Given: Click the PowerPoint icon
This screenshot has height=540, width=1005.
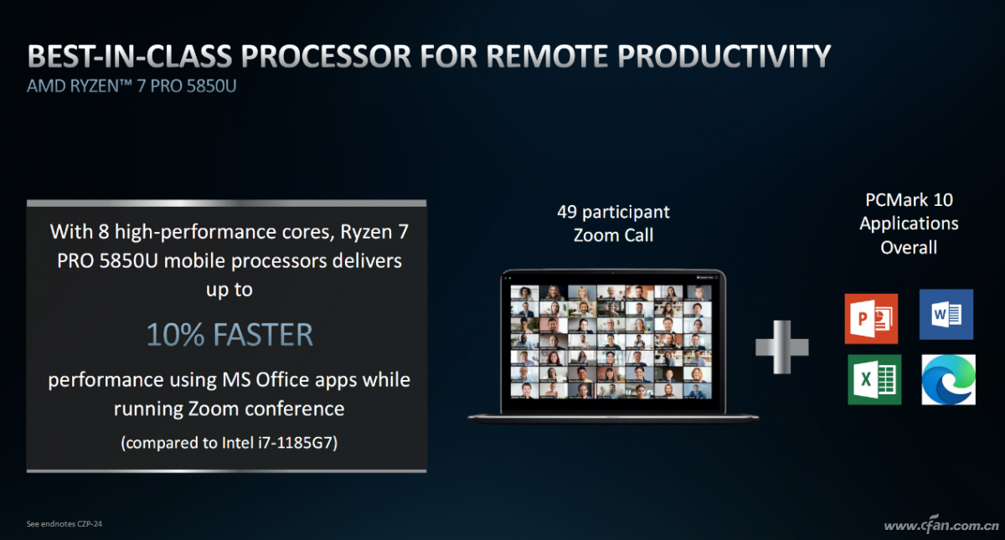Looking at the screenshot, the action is [871, 318].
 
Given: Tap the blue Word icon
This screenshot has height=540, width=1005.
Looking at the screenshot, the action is [946, 314].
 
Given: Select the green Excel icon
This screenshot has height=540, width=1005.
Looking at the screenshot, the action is [874, 379].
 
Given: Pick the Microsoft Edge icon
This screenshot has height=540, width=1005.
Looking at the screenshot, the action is [948, 379].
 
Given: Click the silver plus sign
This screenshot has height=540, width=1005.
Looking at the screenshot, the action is [782, 347].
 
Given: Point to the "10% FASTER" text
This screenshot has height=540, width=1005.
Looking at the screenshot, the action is [229, 335].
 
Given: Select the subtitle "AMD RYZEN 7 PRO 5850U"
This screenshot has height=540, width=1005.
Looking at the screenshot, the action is [131, 86].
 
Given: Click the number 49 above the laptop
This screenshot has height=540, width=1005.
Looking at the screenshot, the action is [567, 212].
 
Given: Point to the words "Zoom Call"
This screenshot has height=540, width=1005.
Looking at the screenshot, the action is [613, 235].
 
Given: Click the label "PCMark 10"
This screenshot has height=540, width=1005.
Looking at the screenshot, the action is [909, 199].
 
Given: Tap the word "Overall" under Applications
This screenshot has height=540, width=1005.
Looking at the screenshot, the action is [909, 248].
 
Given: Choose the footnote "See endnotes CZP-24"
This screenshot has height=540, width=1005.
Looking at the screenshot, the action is [64, 523].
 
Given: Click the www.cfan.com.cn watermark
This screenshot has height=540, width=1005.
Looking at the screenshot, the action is [941, 524].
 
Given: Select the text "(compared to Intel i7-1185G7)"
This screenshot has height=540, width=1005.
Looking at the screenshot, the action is [229, 443].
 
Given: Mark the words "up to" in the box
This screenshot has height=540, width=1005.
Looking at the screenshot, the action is [229, 291].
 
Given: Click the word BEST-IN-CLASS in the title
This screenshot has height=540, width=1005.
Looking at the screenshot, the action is [130, 56].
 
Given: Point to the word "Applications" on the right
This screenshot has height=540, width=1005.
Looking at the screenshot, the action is [909, 224].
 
